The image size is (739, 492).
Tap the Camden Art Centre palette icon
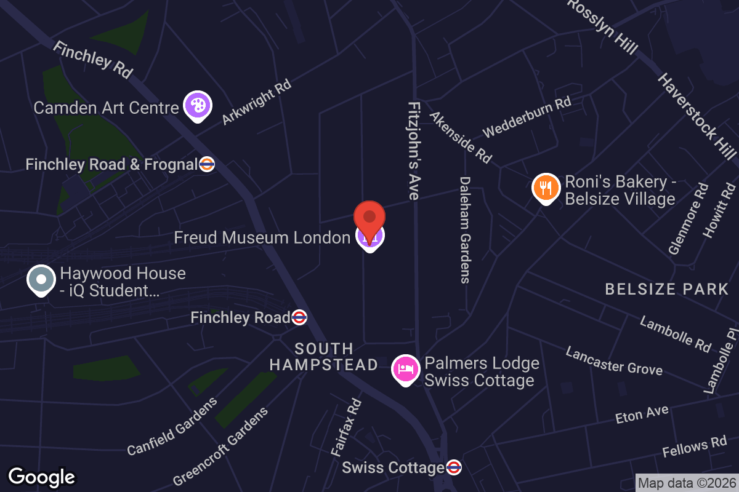pyautogui.click(x=197, y=106)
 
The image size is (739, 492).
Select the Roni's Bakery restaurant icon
pyautogui.click(x=546, y=187)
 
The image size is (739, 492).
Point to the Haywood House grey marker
pyautogui.click(x=41, y=280)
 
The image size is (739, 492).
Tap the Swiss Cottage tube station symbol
pyautogui.click(x=454, y=467)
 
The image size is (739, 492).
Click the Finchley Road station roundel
pyautogui.click(x=299, y=317)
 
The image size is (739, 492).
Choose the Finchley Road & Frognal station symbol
pyautogui.click(x=207, y=164)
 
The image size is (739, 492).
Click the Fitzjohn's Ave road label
pyautogui.click(x=413, y=151)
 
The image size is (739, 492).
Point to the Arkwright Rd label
pyautogui.click(x=256, y=102)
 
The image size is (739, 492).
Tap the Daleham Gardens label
pyautogui.click(x=465, y=230)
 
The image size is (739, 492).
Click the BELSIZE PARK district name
pyautogui.click(x=667, y=289)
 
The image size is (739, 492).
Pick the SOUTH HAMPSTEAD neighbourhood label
pyautogui.click(x=323, y=357)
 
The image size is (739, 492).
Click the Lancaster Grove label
pyautogui.click(x=614, y=360)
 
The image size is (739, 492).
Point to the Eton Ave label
pyautogui.click(x=642, y=415)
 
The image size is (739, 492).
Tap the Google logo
pyautogui.click(x=41, y=477)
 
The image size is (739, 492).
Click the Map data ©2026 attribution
pyautogui.click(x=686, y=483)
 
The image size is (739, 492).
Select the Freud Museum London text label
pyautogui.click(x=262, y=237)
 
